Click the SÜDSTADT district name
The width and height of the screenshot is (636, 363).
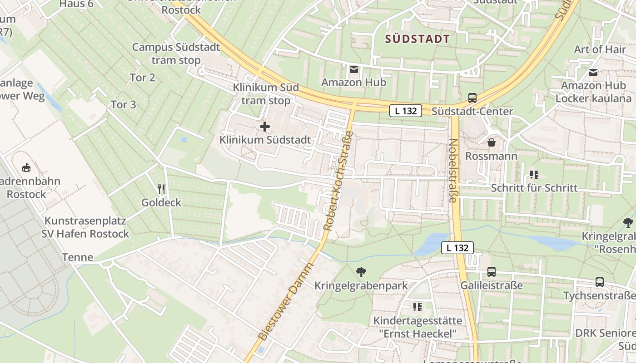[x=417, y=39]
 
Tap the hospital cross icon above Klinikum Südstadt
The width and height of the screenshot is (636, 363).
[x=265, y=127]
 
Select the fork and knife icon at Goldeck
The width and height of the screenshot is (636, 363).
[x=161, y=189]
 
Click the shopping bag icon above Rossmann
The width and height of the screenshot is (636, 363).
[x=491, y=143]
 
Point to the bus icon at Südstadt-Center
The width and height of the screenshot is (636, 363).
[x=472, y=98]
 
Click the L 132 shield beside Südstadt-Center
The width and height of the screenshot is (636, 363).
[x=406, y=110]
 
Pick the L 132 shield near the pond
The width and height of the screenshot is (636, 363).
[x=457, y=248]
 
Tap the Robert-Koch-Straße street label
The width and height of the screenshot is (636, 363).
[x=337, y=180]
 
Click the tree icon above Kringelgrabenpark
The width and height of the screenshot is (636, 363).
[x=361, y=272]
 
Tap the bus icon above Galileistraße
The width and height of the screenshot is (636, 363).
[x=492, y=272]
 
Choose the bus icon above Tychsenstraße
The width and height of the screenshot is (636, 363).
[x=600, y=282]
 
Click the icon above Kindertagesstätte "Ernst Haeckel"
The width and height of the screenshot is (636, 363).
[x=417, y=307]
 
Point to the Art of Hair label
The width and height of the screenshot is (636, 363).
[x=600, y=49]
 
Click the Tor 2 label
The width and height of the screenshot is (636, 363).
[x=143, y=78]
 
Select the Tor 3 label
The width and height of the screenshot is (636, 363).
[x=124, y=104]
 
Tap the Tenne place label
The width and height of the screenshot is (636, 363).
[x=78, y=257]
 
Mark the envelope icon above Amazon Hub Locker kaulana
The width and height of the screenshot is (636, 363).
[x=593, y=73]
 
